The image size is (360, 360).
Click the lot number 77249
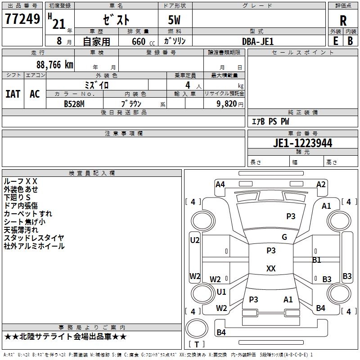pyautogui.click(x=22, y=19)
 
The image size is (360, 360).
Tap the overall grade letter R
pyautogui.click(x=343, y=21)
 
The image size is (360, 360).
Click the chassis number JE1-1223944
pyautogui.click(x=302, y=143)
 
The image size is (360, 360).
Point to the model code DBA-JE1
pyautogui.click(x=258, y=41)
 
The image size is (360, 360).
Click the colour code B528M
pyautogui.click(x=74, y=103)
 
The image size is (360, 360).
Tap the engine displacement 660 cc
pyautogui.click(x=138, y=41)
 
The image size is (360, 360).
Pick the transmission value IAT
pyautogui.click(x=13, y=94)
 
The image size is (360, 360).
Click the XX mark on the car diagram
pyautogui.click(x=271, y=269)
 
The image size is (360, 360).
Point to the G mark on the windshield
pyautogui.click(x=284, y=237)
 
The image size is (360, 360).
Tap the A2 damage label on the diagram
pyautogui.click(x=321, y=184)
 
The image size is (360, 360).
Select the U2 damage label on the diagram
pyautogui.click(x=195, y=240)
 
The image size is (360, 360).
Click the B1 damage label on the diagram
pyautogui.click(x=317, y=260)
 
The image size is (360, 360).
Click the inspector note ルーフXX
pyautogui.click(x=21, y=181)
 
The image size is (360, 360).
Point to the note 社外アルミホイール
pyautogui.click(x=34, y=246)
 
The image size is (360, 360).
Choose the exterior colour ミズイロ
pyautogui.click(x=97, y=85)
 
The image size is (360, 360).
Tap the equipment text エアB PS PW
pyautogui.click(x=270, y=121)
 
